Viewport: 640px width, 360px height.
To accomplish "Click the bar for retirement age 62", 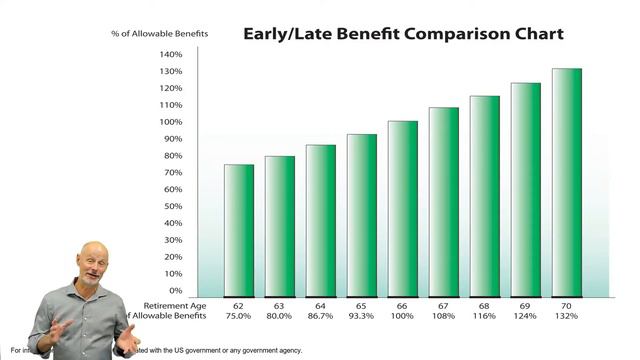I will [238, 230].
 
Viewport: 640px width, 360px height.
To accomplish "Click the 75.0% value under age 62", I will [238, 317].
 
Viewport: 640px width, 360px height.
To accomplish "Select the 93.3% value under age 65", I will [361, 317].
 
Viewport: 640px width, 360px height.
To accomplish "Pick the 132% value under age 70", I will [567, 317].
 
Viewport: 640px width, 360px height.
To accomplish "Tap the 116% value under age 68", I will [485, 317].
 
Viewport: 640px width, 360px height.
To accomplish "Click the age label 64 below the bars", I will [320, 305].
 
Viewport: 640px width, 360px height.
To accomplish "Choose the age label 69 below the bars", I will [526, 305].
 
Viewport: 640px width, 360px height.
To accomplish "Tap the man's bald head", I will [94, 253].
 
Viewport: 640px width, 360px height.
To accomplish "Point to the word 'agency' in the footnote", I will [284, 351].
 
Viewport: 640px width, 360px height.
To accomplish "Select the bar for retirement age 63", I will [279, 225].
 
